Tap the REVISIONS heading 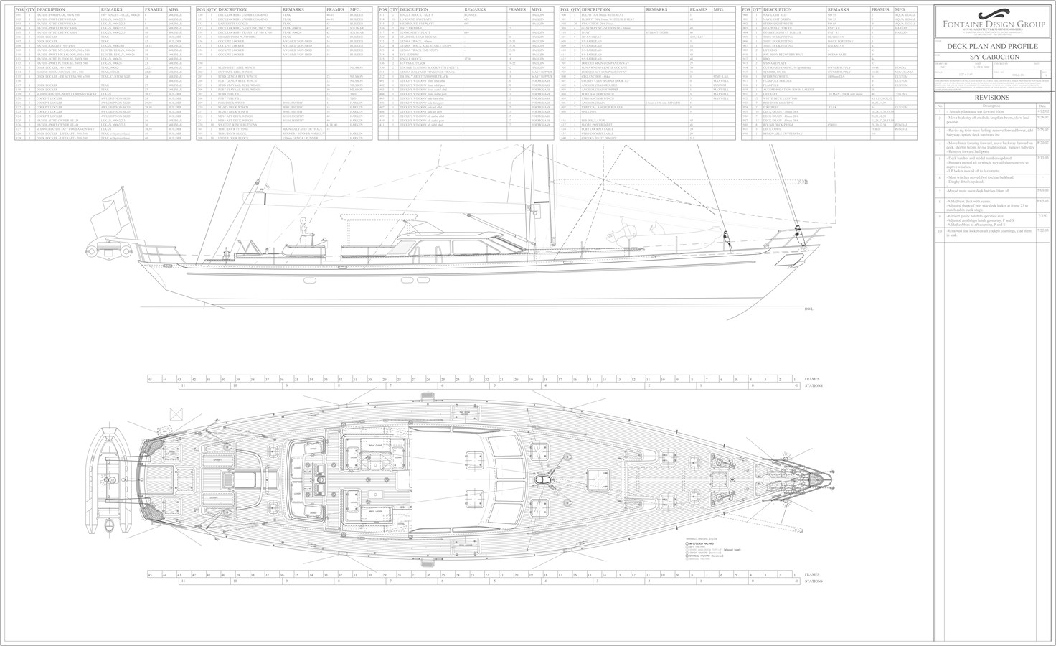point(993,98)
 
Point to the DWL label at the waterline point(808,309)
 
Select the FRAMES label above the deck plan point(811,378)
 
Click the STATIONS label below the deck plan point(814,581)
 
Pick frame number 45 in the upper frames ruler point(149,378)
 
